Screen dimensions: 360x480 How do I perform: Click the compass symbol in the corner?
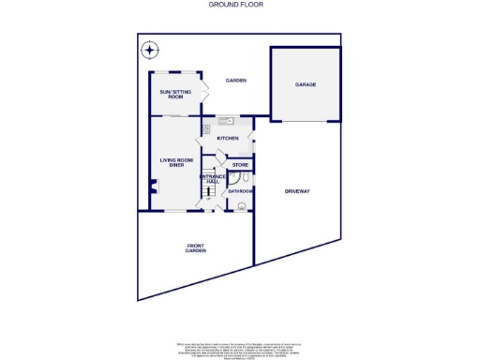point(149,51)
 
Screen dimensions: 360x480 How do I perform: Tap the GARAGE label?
point(306,84)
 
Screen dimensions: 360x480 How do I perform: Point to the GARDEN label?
point(235,81)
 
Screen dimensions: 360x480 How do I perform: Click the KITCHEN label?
point(228,139)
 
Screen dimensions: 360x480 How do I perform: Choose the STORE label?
point(239,165)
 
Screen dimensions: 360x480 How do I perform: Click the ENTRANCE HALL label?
point(210,179)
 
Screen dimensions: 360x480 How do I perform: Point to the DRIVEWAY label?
point(297,191)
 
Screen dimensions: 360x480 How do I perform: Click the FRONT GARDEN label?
point(195,249)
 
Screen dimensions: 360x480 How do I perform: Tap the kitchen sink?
point(224,121)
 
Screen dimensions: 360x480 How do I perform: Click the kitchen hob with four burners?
point(205,129)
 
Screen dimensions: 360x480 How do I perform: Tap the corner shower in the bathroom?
point(233,178)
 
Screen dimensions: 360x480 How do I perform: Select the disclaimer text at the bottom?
point(239,349)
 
